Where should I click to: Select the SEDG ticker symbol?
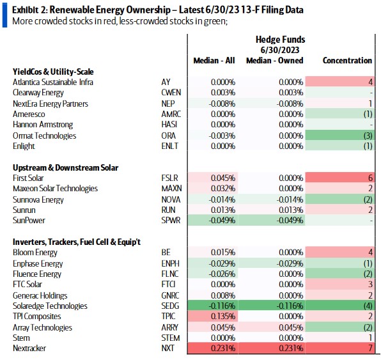(170, 306)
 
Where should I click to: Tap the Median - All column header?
(214, 60)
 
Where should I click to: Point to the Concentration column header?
(347, 60)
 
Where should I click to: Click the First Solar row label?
(28, 178)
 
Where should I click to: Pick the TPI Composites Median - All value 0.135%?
(223, 317)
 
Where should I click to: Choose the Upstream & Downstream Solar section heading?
(65, 168)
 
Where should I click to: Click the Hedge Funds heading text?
(281, 40)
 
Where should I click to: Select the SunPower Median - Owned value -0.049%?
(290, 220)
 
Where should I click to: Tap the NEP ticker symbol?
(168, 104)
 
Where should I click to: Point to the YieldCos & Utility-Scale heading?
(53, 72)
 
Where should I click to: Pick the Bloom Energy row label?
(35, 253)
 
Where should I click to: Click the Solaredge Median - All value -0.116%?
(222, 306)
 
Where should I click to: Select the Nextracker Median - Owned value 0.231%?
(291, 348)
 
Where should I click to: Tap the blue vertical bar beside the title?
(4, 15)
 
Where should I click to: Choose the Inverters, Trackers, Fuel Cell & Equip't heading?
(77, 242)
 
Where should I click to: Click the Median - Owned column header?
(275, 60)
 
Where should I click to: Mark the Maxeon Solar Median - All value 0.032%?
(223, 189)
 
